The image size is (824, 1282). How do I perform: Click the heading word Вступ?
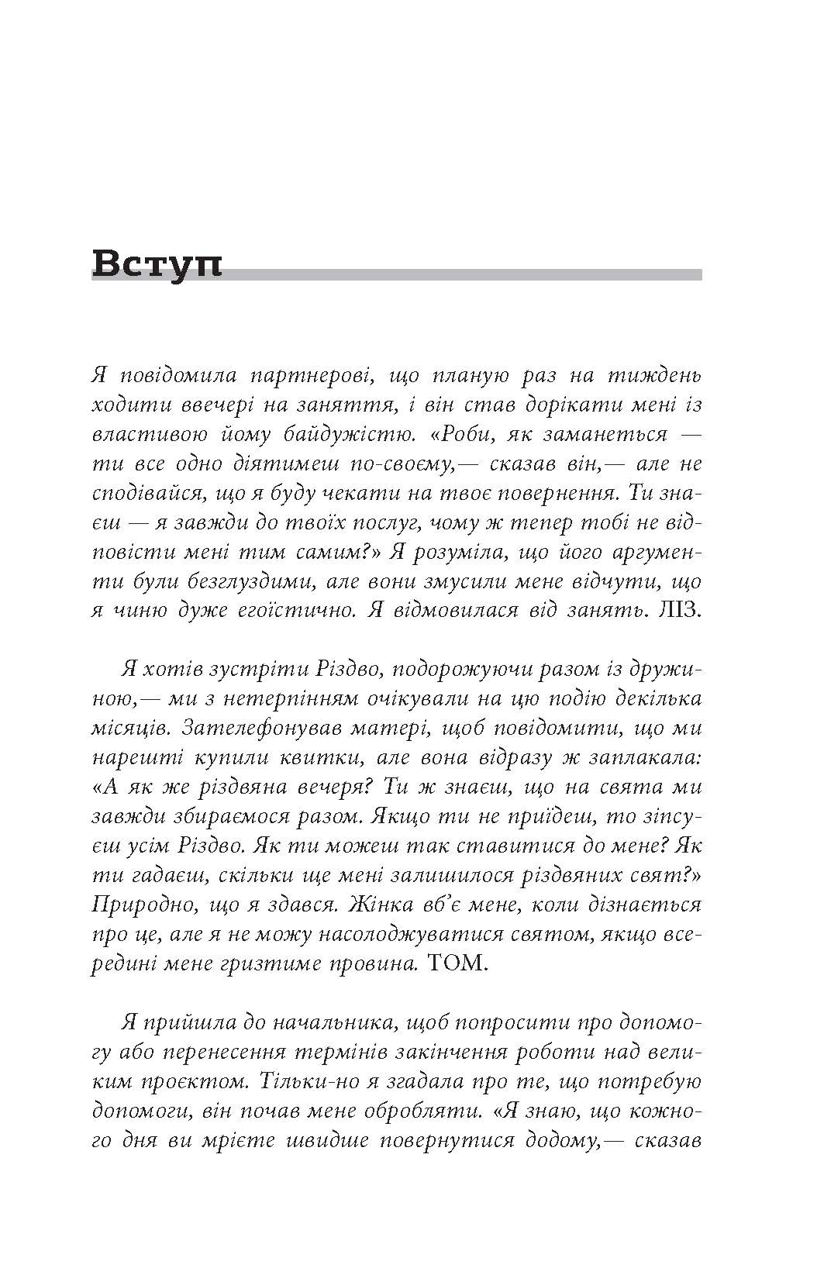coord(157,264)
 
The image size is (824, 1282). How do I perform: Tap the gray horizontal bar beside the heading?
coord(465,274)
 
